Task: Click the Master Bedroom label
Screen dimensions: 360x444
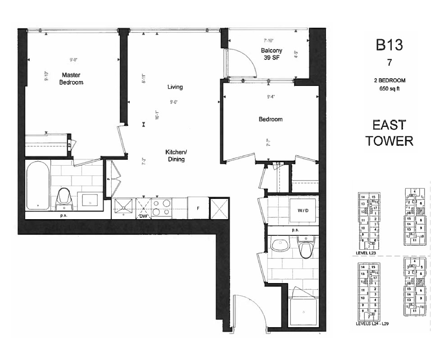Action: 71,79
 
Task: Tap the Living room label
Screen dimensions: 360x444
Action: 175,87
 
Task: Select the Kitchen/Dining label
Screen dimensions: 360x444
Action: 175,156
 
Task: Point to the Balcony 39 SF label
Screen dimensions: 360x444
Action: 272,54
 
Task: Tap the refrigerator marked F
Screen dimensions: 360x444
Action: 198,208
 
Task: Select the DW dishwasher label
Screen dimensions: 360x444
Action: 143,216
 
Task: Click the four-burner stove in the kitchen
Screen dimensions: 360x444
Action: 162,207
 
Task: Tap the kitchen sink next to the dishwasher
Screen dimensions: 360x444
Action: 123,207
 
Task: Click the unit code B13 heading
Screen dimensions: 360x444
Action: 389,45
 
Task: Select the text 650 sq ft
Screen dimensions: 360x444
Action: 389,88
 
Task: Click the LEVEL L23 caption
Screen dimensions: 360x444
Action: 366,253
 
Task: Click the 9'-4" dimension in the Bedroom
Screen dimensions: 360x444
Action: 270,96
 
